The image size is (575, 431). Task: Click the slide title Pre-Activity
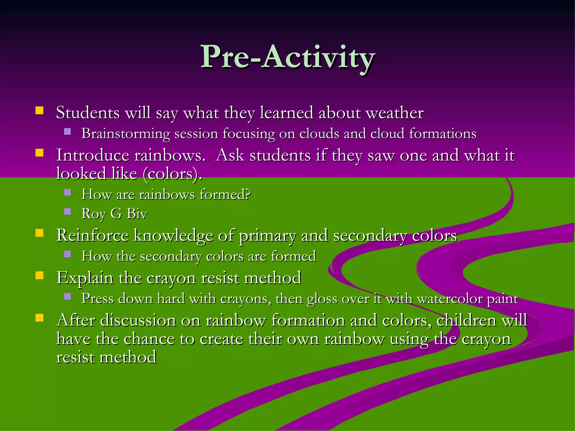287,57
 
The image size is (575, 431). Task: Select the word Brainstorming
126,134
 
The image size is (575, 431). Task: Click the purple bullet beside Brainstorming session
67,131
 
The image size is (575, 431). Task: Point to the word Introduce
93,155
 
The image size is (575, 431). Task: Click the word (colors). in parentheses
172,174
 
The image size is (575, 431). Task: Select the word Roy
93,214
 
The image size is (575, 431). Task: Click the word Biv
137,214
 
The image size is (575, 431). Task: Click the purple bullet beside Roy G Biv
67,211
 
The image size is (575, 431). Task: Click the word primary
267,236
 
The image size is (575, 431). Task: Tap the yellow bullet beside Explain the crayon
39,275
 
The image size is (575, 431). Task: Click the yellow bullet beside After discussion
39,318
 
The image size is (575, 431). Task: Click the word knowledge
173,236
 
